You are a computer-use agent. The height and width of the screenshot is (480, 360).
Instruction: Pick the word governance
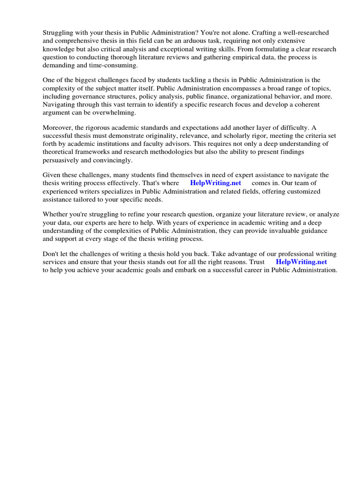[x=89, y=97]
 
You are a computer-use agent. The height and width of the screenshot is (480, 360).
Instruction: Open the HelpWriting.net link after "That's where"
[x=216, y=183]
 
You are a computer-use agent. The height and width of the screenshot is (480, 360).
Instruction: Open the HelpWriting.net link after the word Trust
[x=301, y=262]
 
